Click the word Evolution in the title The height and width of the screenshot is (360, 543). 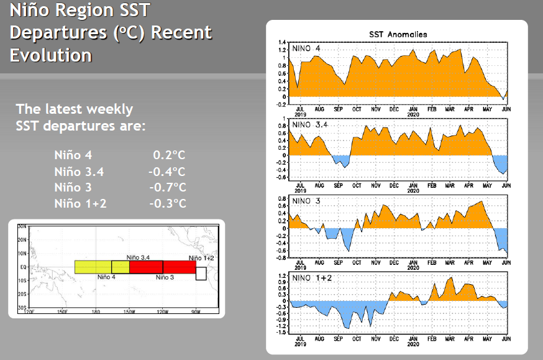point(51,55)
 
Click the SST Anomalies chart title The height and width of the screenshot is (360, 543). point(398,34)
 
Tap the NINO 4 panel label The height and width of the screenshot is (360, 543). point(307,48)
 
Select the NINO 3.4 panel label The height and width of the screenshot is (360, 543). point(311,125)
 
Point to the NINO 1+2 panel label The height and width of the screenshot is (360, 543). point(312,277)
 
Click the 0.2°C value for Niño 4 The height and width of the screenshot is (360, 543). point(170,155)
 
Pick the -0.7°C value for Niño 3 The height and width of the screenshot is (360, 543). point(167,188)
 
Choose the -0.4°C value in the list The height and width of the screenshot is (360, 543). point(167,172)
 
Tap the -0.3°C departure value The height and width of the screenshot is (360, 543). point(168,204)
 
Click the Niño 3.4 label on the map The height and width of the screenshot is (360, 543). point(138,257)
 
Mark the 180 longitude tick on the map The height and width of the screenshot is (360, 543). point(96,312)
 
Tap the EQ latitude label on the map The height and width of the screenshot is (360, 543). point(22,267)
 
